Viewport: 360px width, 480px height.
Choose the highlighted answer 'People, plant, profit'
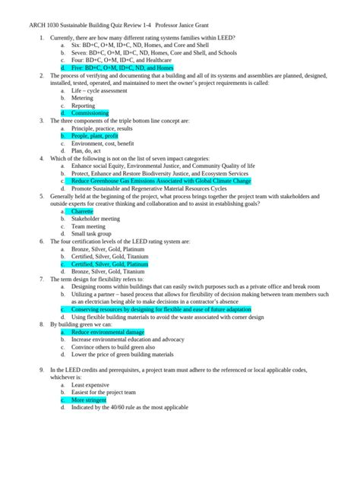pos(95,135)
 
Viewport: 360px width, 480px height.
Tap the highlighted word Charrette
pos(86,211)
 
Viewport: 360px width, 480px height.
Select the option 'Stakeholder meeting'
pos(96,219)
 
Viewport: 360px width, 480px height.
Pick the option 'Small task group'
pos(93,234)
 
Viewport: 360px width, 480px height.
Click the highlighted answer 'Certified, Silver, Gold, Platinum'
pos(115,264)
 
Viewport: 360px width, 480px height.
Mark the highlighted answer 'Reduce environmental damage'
pos(107,333)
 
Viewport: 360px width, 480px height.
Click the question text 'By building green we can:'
pos(81,325)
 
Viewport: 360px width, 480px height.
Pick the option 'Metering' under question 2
pos(83,97)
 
